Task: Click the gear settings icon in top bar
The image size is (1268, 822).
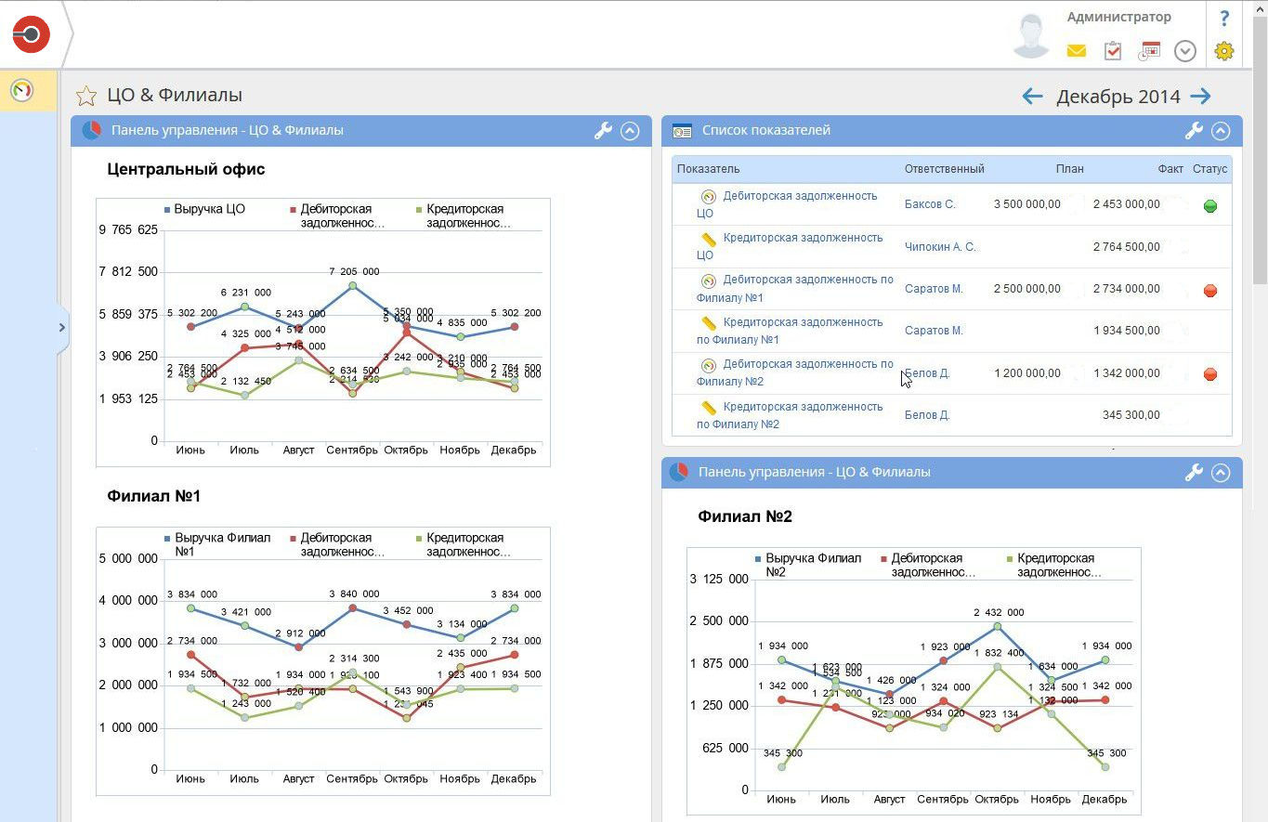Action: click(1223, 51)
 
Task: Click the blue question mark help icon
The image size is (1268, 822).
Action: click(1224, 18)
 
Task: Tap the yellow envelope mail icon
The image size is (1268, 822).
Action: click(1076, 51)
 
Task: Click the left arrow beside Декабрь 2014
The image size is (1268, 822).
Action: click(1032, 96)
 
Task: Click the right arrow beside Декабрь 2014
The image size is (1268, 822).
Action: click(1201, 96)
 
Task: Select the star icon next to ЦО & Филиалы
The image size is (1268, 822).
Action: click(86, 96)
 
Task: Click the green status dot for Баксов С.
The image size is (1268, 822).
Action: click(1209, 206)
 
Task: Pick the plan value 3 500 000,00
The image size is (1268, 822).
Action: click(1026, 204)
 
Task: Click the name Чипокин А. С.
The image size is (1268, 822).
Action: click(940, 247)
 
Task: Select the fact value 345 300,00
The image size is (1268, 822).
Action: click(1131, 415)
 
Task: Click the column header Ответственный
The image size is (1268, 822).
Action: click(944, 169)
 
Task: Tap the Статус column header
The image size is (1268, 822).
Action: click(1209, 169)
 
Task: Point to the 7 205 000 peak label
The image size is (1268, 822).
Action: click(354, 271)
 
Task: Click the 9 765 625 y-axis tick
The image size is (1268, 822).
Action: click(128, 230)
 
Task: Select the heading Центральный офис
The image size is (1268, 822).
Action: click(186, 169)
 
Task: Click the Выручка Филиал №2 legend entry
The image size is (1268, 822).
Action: click(808, 565)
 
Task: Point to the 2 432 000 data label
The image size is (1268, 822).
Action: click(999, 613)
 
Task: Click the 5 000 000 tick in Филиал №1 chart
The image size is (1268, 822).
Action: click(128, 558)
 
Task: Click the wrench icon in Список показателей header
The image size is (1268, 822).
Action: click(1194, 131)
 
